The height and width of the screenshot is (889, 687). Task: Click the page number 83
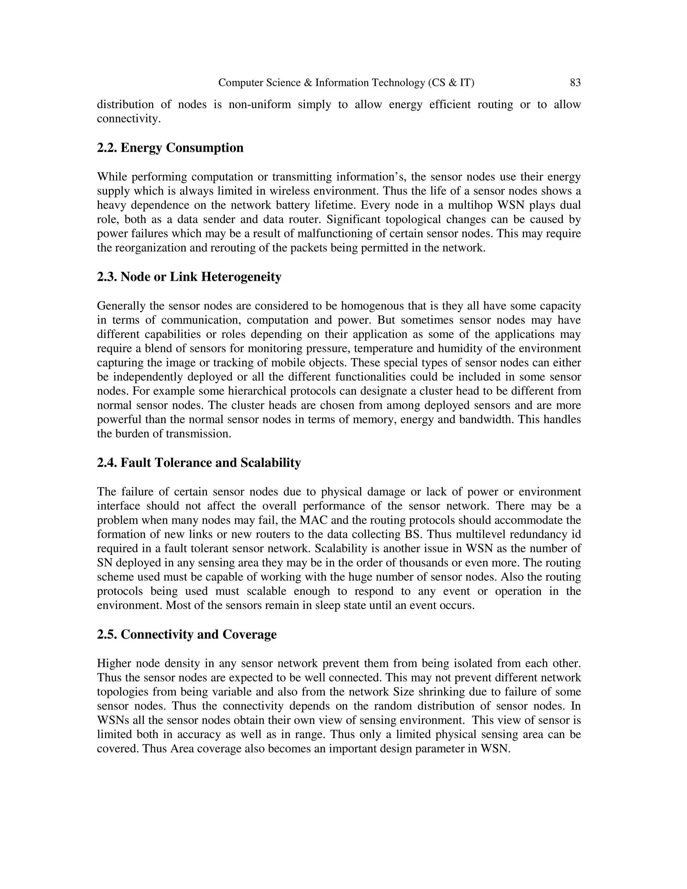pyautogui.click(x=575, y=83)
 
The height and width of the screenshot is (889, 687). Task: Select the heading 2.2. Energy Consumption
pyautogui.click(x=170, y=148)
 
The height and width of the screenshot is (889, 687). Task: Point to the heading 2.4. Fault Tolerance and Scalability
pyautogui.click(x=199, y=463)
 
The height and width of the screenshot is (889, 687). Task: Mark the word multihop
pyautogui.click(x=467, y=205)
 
